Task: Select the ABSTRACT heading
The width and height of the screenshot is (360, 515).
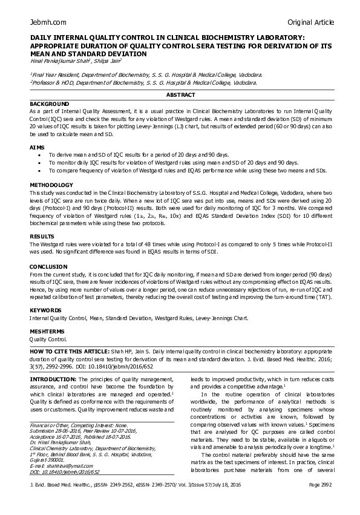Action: tap(180, 95)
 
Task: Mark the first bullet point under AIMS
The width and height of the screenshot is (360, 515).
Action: tap(40, 155)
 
